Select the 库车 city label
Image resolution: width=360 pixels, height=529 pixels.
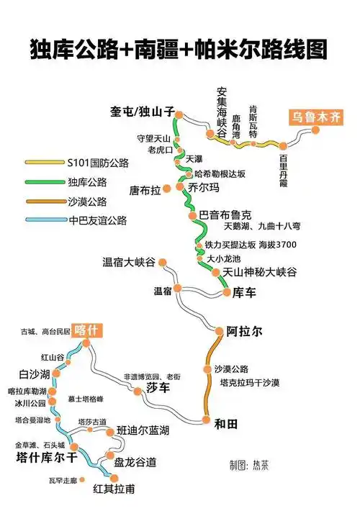click(x=244, y=293)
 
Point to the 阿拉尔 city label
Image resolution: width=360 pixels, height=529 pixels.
click(x=244, y=331)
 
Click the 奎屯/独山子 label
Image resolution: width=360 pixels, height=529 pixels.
click(x=143, y=112)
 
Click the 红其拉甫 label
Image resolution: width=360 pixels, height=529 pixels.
click(x=114, y=489)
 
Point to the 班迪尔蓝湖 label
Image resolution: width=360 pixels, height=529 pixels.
click(x=143, y=430)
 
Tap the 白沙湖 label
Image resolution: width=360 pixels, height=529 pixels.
click(x=35, y=374)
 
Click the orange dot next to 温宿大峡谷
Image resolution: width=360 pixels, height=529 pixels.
click(x=163, y=262)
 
